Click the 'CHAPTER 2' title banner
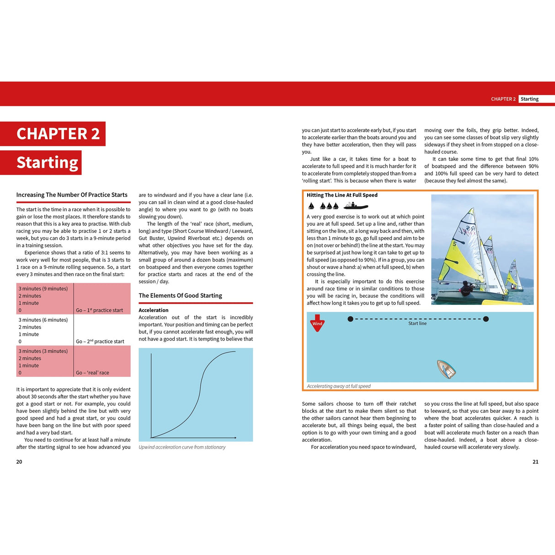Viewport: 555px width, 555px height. pyautogui.click(x=58, y=133)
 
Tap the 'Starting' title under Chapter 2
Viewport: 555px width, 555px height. pyautogui.click(x=47, y=162)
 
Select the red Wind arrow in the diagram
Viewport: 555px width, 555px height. pyautogui.click(x=317, y=323)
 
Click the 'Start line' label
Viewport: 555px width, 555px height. pyautogui.click(x=417, y=323)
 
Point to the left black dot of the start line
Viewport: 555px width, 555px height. pyautogui.click(x=350, y=319)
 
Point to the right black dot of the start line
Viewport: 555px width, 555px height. pyautogui.click(x=486, y=319)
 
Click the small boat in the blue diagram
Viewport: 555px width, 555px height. pyautogui.click(x=446, y=369)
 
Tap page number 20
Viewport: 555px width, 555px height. pyautogui.click(x=19, y=462)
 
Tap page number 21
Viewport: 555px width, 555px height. pyautogui.click(x=535, y=462)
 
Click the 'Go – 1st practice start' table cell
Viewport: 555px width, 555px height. pyautogui.click(x=99, y=310)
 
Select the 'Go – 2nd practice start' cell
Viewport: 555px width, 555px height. pyautogui.click(x=100, y=342)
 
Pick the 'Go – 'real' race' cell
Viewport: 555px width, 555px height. pyautogui.click(x=92, y=373)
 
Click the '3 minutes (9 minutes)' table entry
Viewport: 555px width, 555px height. pyautogui.click(x=43, y=288)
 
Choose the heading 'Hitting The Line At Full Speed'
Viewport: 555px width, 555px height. pyautogui.click(x=342, y=195)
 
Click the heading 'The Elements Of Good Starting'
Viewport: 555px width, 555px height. pyautogui.click(x=180, y=296)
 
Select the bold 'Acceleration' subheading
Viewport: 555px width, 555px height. pyautogui.click(x=154, y=310)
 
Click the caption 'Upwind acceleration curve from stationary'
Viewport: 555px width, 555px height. pyautogui.click(x=182, y=447)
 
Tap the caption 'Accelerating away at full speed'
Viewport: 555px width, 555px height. pyautogui.click(x=338, y=386)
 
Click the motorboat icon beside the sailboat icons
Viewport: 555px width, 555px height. pyautogui.click(x=356, y=206)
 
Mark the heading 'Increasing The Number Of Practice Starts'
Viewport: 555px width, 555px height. pyautogui.click(x=72, y=195)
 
